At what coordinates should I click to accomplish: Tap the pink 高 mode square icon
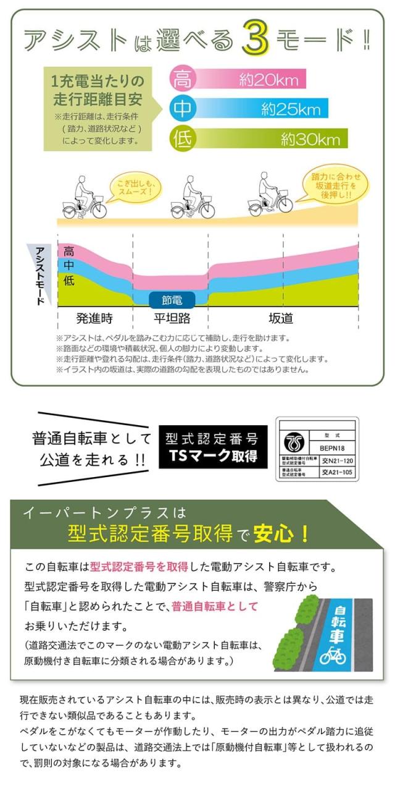pyautogui.click(x=182, y=79)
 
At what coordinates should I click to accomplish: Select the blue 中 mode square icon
pyautogui.click(x=182, y=109)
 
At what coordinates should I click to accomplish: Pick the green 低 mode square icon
pyautogui.click(x=182, y=138)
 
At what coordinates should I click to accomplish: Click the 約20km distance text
pyautogui.click(x=269, y=80)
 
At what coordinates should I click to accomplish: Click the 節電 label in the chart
pyautogui.click(x=172, y=300)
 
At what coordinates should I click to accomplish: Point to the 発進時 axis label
pyautogui.click(x=94, y=319)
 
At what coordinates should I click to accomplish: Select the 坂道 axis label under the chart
pyautogui.click(x=281, y=319)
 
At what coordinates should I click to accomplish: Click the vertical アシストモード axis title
pyautogui.click(x=41, y=274)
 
